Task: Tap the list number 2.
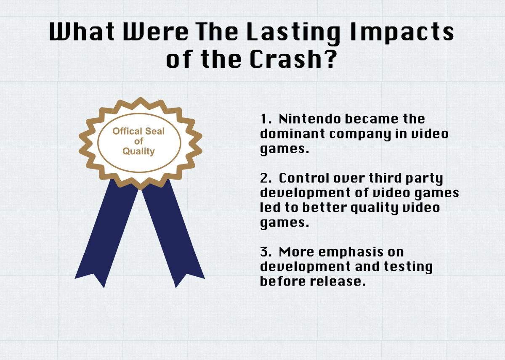point(266,178)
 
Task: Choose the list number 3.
point(266,252)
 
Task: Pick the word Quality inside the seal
point(138,151)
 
